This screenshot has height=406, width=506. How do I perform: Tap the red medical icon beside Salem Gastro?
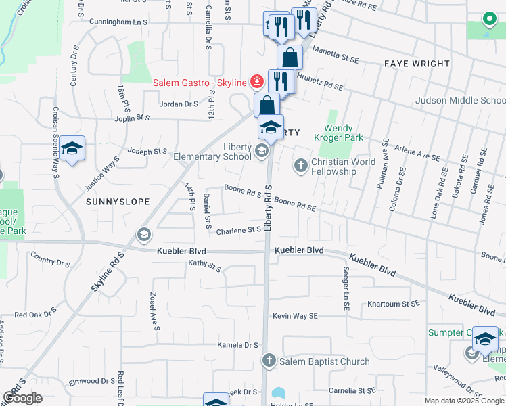(x=256, y=83)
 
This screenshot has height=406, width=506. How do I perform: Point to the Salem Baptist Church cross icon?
(x=269, y=361)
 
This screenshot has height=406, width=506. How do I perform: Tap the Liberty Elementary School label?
(x=212, y=152)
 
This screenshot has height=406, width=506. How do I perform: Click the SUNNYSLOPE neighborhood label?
(x=117, y=202)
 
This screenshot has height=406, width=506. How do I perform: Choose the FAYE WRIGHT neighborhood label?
(x=417, y=64)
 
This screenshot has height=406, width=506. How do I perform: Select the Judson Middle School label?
(x=460, y=101)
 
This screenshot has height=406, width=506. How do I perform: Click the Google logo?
(x=22, y=398)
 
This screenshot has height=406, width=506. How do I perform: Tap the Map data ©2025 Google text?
(x=464, y=401)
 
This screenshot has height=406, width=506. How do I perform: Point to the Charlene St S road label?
(x=239, y=230)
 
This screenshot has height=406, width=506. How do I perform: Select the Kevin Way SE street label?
(x=295, y=316)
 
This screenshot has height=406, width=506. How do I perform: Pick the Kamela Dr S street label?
(x=238, y=345)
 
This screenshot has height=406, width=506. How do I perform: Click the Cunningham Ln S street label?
(x=118, y=22)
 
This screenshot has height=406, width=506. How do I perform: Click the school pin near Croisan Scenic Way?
(x=71, y=150)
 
